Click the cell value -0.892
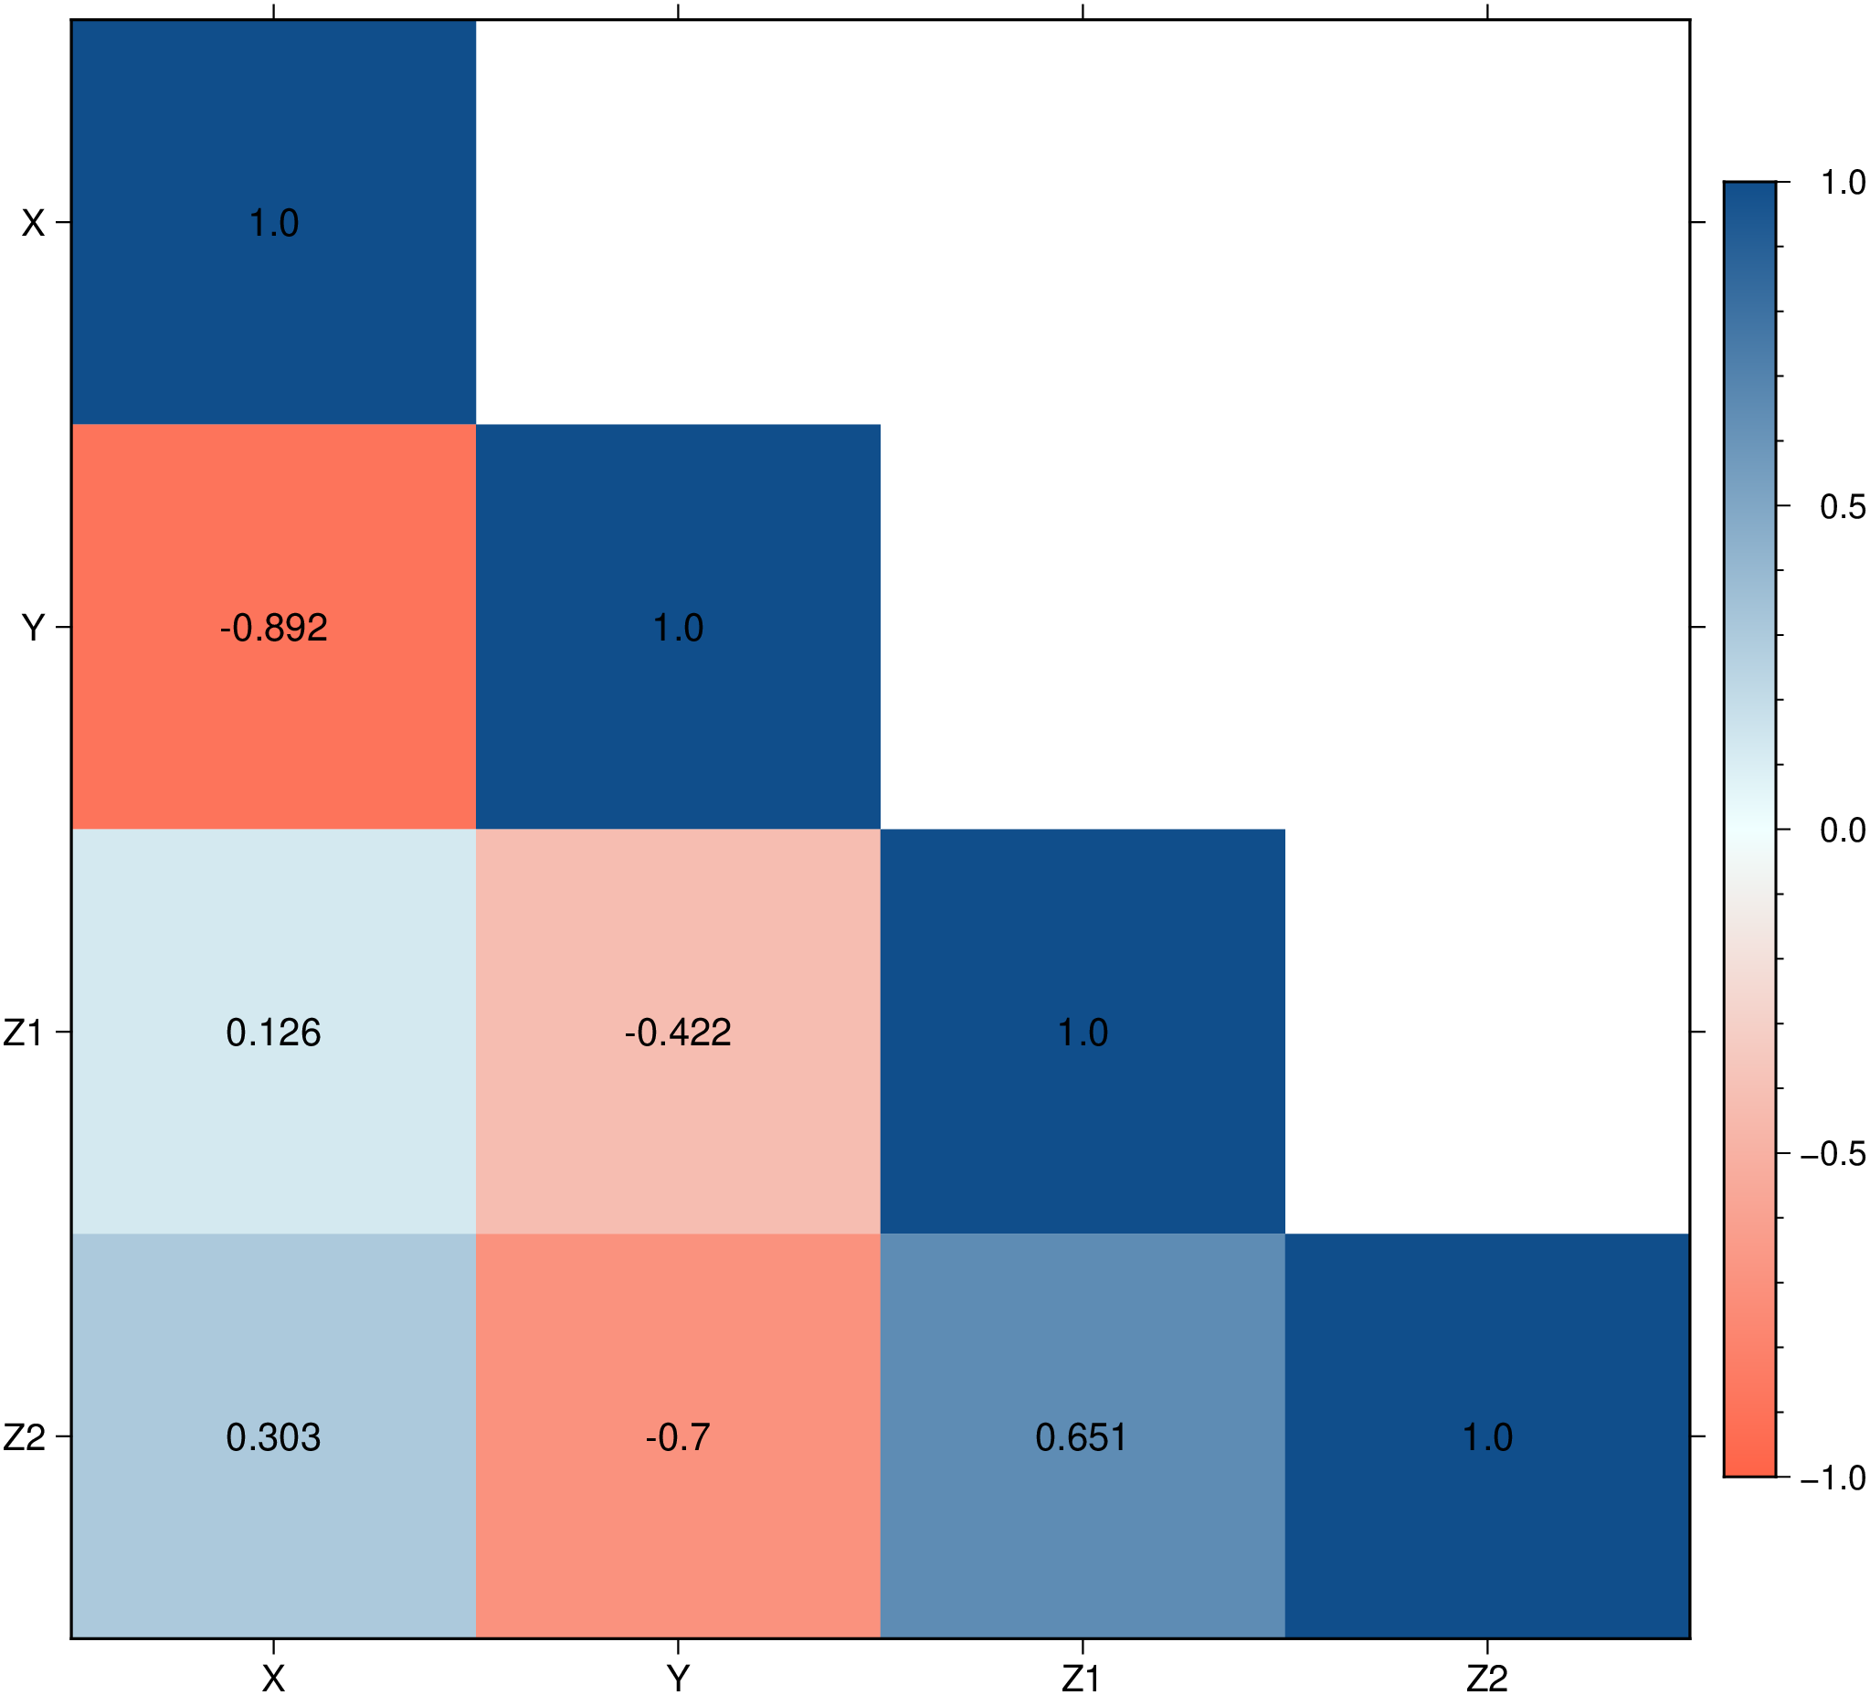click(274, 628)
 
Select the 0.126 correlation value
click(274, 1033)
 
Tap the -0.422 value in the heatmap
click(678, 1033)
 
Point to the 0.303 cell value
click(274, 1437)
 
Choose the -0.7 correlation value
click(678, 1437)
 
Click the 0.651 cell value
click(1082, 1437)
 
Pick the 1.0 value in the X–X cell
click(274, 224)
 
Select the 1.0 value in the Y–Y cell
click(678, 628)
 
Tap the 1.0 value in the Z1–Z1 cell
click(1083, 1033)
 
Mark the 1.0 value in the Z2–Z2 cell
click(1487, 1437)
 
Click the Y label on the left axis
click(34, 628)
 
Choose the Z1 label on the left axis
click(24, 1033)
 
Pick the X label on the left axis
click(34, 224)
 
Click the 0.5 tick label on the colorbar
click(1843, 506)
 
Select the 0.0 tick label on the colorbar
click(1843, 831)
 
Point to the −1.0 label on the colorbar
click(1833, 1478)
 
